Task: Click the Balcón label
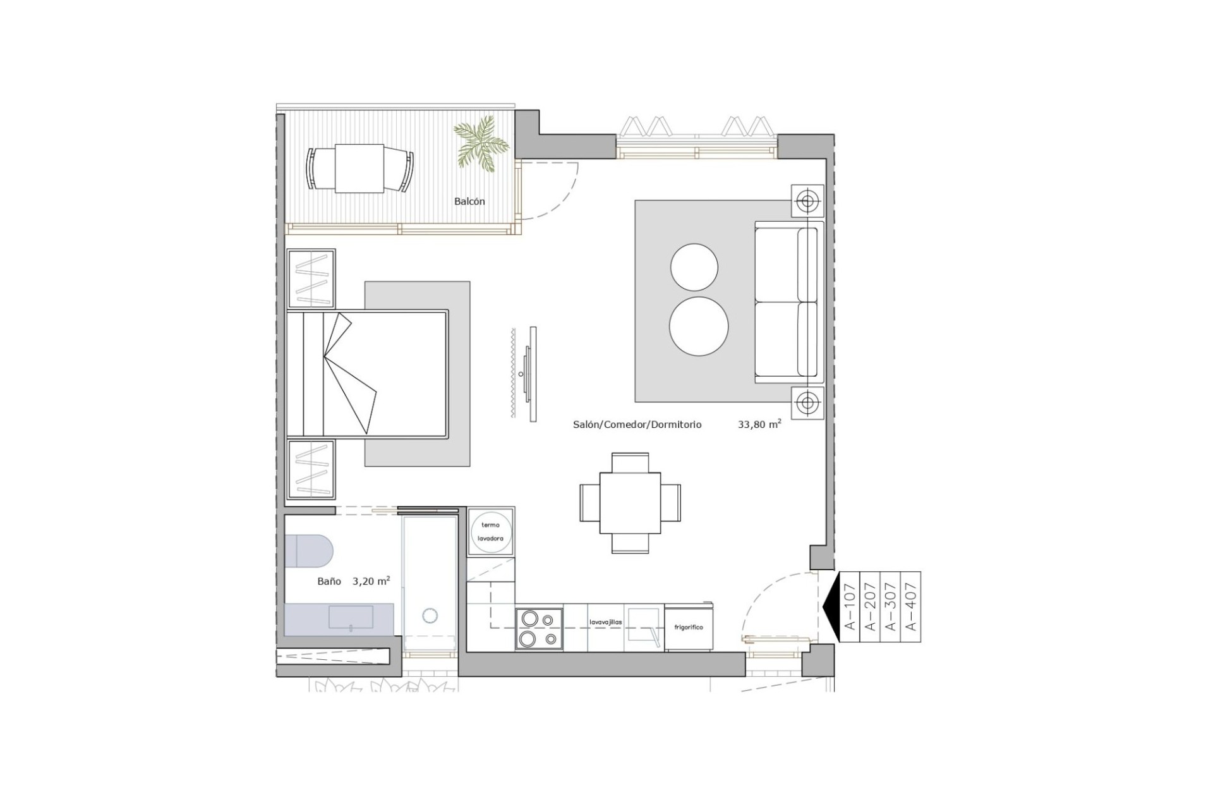click(x=469, y=202)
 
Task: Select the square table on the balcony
click(x=359, y=168)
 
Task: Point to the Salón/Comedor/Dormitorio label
click(x=637, y=425)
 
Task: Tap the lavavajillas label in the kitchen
click(x=605, y=622)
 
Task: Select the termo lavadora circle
click(x=491, y=532)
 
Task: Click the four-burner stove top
click(x=539, y=628)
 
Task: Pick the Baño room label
click(x=329, y=581)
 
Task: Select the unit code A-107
click(x=850, y=607)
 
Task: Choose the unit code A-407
click(x=910, y=607)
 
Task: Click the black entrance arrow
click(x=830, y=607)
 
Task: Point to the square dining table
click(x=630, y=503)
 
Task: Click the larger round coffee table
click(x=699, y=326)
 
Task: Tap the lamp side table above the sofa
click(x=807, y=201)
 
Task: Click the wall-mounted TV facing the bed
click(x=533, y=374)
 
